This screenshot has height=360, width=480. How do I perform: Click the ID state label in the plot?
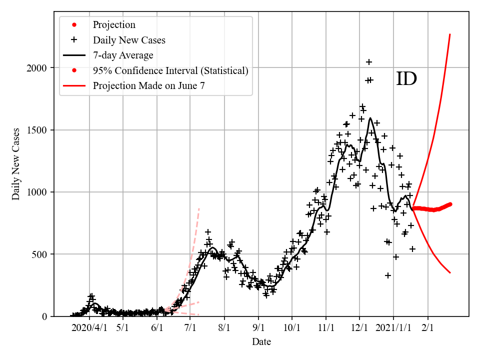click(406, 79)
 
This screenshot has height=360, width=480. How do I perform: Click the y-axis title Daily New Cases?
click(16, 164)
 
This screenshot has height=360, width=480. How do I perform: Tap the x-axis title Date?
click(261, 342)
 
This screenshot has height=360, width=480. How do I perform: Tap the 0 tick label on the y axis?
click(45, 316)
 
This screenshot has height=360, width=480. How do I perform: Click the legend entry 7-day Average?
click(123, 55)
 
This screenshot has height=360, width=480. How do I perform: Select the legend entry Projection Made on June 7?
click(148, 86)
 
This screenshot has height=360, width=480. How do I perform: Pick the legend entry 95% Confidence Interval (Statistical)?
click(170, 70)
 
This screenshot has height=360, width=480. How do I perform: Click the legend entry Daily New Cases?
click(129, 40)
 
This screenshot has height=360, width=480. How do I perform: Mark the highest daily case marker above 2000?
click(369, 62)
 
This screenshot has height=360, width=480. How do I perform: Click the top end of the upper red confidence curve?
click(450, 34)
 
